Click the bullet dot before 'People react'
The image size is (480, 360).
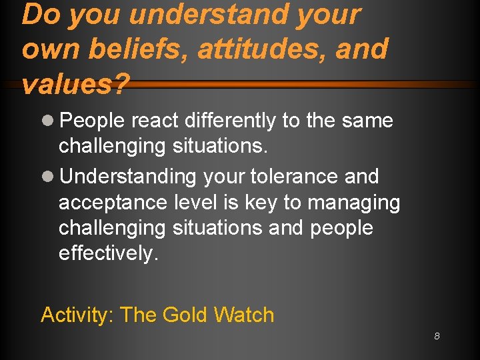click(48, 121)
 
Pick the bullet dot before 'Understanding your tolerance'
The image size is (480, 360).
click(48, 177)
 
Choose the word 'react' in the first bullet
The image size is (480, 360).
click(157, 121)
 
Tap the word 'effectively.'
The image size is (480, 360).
click(109, 254)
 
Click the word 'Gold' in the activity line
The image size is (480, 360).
click(187, 315)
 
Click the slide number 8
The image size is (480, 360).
click(437, 336)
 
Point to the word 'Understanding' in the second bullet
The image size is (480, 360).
click(128, 177)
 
